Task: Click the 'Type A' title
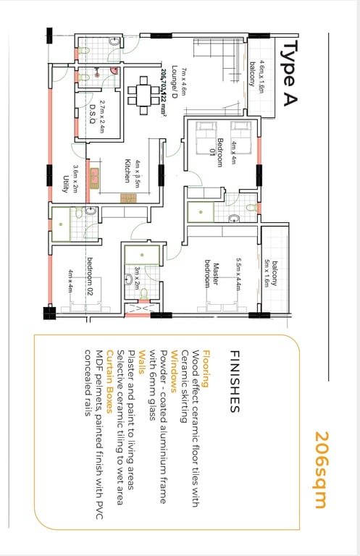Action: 289,72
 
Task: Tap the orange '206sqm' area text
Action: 322,470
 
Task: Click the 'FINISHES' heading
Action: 235,382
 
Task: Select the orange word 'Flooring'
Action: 206,368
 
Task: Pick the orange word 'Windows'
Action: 175,371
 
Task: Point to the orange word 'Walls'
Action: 142,362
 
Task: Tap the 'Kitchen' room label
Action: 127,171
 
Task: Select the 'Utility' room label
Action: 66,184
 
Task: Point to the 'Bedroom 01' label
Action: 216,153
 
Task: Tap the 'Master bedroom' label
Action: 212,274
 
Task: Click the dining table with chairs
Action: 143,96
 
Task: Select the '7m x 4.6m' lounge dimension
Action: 183,82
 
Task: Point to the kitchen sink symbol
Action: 94,178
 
